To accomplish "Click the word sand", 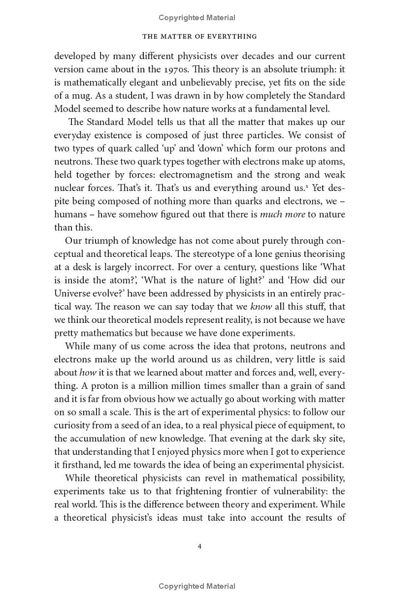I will coord(336,386).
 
